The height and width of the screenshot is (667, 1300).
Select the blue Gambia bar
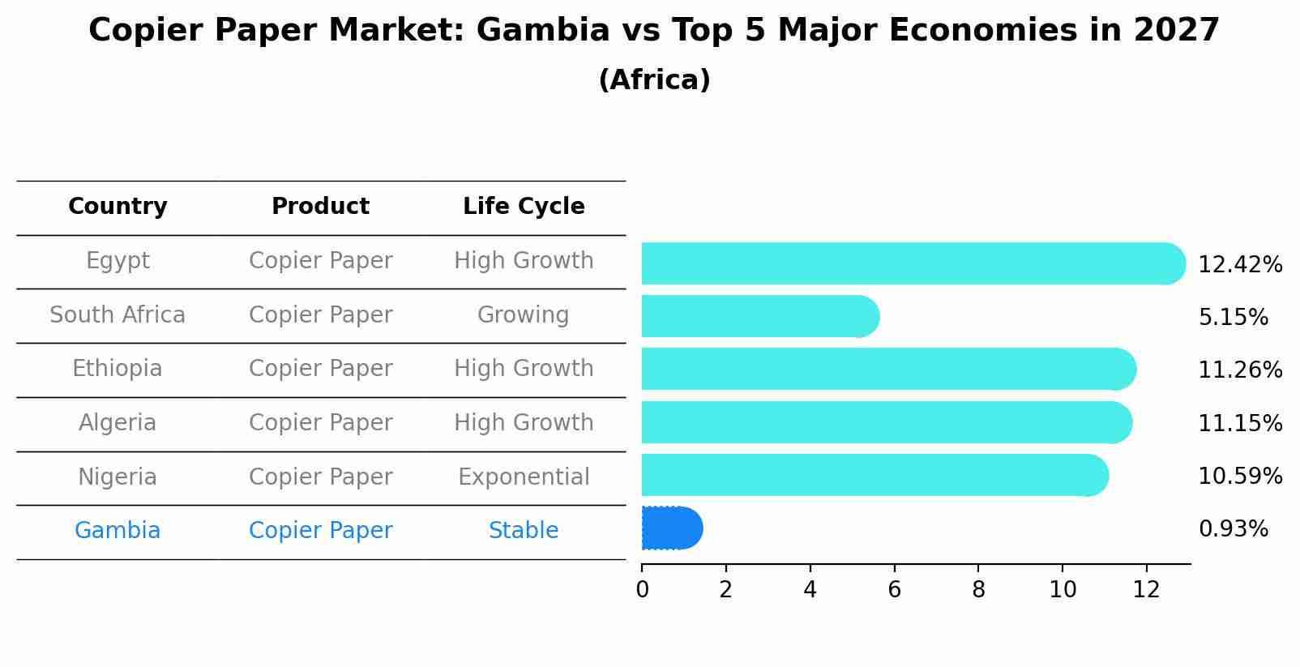click(671, 528)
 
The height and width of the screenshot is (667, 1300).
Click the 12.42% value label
click(1239, 265)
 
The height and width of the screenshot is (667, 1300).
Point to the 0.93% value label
click(1233, 529)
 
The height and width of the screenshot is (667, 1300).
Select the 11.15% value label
click(1239, 424)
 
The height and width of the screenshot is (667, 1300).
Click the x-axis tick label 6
click(894, 590)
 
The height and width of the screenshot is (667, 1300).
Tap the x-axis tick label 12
click(1146, 590)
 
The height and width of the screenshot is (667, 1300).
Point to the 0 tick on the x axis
click(642, 590)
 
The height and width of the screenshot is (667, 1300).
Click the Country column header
click(118, 207)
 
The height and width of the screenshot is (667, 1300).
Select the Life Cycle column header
click(524, 207)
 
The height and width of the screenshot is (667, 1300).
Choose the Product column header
click(320, 207)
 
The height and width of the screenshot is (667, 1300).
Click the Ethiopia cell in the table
click(118, 369)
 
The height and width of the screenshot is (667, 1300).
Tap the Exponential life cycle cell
click(524, 477)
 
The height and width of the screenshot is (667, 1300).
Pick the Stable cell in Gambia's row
click(524, 531)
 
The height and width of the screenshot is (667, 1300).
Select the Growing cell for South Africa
click(524, 315)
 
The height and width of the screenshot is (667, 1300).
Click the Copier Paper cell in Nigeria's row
click(320, 477)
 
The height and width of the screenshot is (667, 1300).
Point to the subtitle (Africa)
click(654, 80)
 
